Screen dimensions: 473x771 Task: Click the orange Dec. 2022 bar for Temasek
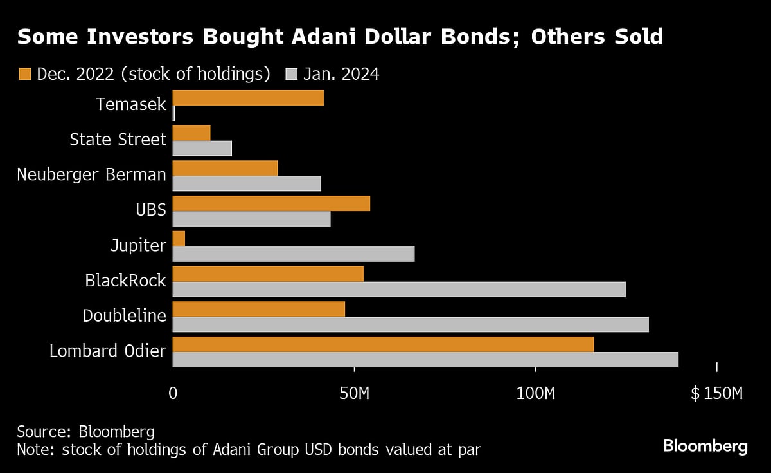[x=248, y=98]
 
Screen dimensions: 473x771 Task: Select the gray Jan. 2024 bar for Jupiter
[x=294, y=254]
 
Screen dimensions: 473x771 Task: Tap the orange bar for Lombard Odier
[x=383, y=344]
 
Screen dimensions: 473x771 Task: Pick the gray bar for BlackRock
[x=399, y=289]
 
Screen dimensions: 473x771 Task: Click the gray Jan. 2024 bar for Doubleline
[x=411, y=324]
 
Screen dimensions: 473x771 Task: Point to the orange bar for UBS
[x=271, y=203]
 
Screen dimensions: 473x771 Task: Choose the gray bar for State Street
[x=202, y=148]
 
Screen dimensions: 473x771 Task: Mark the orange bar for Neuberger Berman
[x=225, y=168]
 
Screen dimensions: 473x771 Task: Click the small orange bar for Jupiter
[x=179, y=238]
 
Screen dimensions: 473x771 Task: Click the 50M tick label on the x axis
[x=354, y=393]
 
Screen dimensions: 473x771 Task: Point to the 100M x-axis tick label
[x=535, y=393]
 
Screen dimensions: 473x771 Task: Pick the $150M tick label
[x=716, y=393]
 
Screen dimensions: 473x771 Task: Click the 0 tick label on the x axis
[x=173, y=393]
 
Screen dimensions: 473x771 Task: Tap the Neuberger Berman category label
[x=91, y=174]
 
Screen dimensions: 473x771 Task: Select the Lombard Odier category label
[x=108, y=351]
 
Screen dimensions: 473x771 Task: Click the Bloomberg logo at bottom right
[x=705, y=446]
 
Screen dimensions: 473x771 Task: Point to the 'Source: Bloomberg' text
[x=85, y=431]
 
